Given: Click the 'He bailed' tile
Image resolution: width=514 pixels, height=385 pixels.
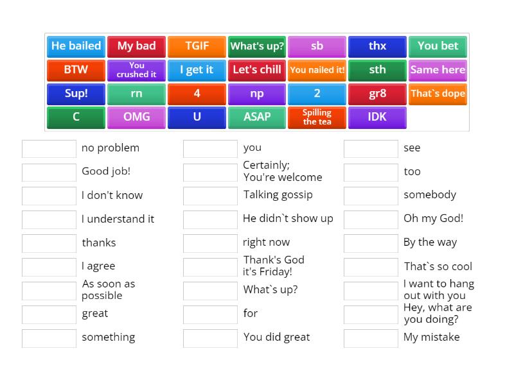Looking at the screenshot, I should (x=76, y=46).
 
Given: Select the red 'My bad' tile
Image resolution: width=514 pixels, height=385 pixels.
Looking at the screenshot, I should (x=136, y=46).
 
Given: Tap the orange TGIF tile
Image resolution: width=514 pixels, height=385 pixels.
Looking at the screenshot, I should (x=197, y=46).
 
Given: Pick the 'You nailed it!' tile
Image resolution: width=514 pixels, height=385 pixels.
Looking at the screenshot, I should (x=317, y=70).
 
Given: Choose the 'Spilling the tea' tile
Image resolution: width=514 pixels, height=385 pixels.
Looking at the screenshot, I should (x=317, y=117).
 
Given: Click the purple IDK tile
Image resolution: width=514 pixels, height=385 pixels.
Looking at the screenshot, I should (x=377, y=117).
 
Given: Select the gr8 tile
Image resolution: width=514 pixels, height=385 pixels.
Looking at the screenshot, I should (x=377, y=94).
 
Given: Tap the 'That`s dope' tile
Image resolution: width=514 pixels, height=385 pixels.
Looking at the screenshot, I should (x=438, y=94).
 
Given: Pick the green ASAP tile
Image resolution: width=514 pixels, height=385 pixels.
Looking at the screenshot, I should (x=257, y=117).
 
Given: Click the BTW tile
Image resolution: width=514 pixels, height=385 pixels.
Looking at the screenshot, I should (x=76, y=70).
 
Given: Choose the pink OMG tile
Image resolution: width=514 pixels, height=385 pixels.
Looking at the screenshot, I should (x=136, y=117).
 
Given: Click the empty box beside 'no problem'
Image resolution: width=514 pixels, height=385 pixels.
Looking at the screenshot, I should (x=49, y=149).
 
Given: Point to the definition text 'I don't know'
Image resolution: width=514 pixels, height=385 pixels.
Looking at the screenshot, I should (x=112, y=195).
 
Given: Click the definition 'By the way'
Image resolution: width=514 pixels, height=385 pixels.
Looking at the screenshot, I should (x=430, y=242).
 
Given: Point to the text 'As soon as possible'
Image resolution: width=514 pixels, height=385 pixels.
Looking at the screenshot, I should (x=108, y=289).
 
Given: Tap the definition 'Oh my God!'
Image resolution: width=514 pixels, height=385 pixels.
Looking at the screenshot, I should (x=433, y=218).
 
